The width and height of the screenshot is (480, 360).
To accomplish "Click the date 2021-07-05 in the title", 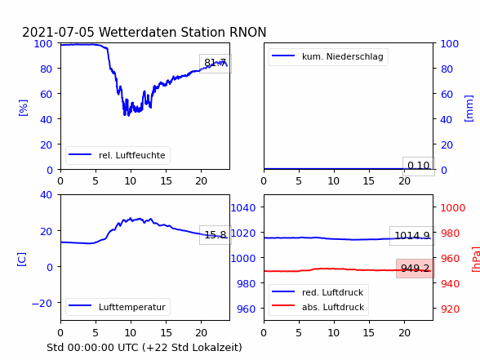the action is coord(58,32).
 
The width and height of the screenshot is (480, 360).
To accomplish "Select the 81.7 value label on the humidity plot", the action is coord(216,63).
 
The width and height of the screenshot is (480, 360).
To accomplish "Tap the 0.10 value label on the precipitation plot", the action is coord(419,166).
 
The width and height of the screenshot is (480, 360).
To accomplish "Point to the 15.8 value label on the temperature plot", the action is coord(216,235).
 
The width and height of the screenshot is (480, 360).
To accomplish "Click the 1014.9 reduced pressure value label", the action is coord(412,236).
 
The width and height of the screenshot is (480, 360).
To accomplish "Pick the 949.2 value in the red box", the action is coord(415,269).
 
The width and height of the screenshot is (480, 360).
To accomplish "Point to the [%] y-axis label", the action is coord(23,108).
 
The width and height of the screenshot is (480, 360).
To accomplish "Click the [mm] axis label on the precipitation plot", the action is coord(469,109).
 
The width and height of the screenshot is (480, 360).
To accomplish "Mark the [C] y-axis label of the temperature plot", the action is coord(22,260).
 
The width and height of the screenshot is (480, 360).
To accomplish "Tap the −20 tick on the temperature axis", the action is coord(42,303).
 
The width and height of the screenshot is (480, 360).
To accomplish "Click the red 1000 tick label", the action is coord(453,208).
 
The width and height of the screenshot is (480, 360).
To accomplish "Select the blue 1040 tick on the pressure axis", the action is coord(243,208).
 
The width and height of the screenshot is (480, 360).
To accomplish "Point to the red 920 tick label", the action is coord(450,309).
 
